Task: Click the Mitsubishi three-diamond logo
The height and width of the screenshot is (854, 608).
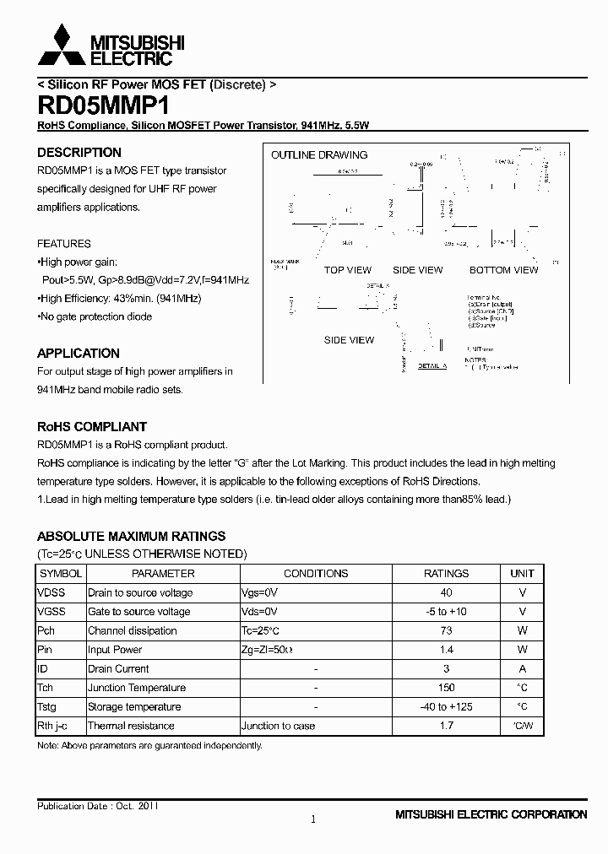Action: (61, 46)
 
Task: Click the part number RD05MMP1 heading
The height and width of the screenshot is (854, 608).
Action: (103, 106)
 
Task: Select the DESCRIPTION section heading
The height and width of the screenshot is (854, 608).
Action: (79, 153)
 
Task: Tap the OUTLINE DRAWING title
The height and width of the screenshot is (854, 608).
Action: (319, 155)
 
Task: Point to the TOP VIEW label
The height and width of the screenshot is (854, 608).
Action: (347, 270)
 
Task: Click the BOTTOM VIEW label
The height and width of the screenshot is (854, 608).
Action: (503, 270)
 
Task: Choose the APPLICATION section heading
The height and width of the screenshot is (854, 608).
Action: (79, 354)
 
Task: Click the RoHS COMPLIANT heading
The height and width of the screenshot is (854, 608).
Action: (92, 427)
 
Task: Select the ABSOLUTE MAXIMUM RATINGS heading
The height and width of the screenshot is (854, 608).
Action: (131, 536)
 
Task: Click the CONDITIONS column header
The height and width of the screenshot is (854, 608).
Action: (316, 573)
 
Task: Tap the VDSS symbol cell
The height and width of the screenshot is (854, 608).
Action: (52, 592)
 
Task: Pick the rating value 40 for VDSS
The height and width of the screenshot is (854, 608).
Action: (446, 592)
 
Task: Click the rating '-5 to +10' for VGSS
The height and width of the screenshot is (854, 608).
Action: (446, 612)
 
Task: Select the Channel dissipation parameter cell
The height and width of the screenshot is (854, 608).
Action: (133, 630)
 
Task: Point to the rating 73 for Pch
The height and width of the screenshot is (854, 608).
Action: (446, 630)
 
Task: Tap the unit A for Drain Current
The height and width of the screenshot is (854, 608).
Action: (523, 668)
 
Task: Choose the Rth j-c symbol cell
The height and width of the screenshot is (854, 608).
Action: (53, 726)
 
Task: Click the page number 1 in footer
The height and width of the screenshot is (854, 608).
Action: (313, 819)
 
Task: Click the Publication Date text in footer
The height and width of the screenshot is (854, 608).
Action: (97, 806)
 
